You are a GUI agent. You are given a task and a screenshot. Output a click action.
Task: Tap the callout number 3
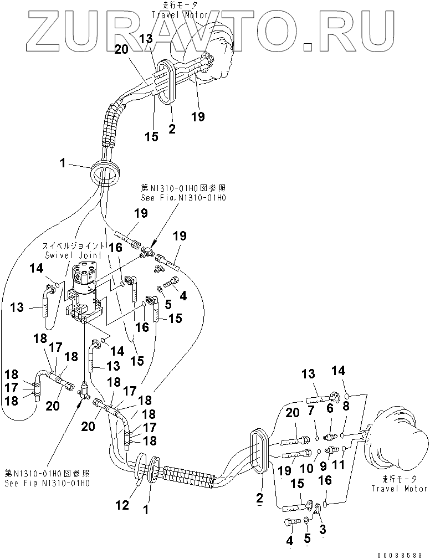pos(323,530)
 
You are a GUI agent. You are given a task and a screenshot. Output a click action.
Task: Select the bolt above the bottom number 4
pos(291,521)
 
